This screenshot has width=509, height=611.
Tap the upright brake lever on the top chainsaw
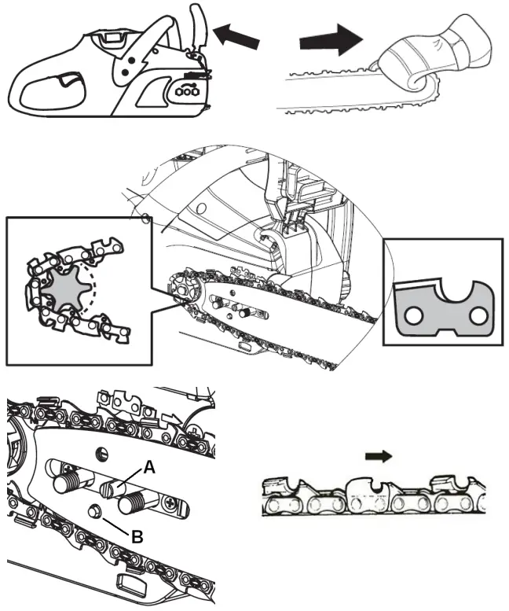[200, 31]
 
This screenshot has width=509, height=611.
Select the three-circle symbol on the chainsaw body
[187, 92]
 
